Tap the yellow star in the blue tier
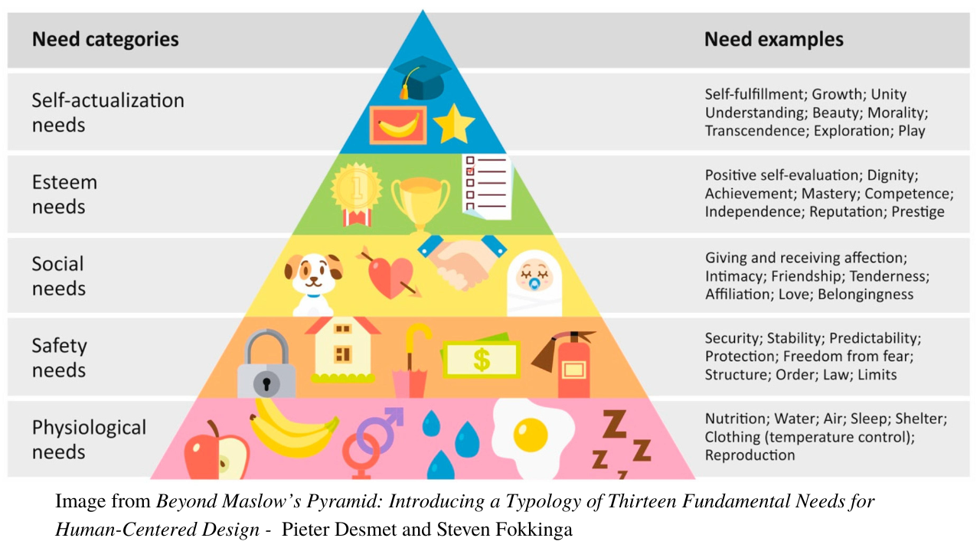[x=454, y=125]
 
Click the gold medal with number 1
[x=357, y=192]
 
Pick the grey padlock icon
[x=266, y=365]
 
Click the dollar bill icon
[x=481, y=358]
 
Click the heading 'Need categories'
[x=105, y=39]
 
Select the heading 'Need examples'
[x=773, y=39]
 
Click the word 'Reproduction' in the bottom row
[x=750, y=455]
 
